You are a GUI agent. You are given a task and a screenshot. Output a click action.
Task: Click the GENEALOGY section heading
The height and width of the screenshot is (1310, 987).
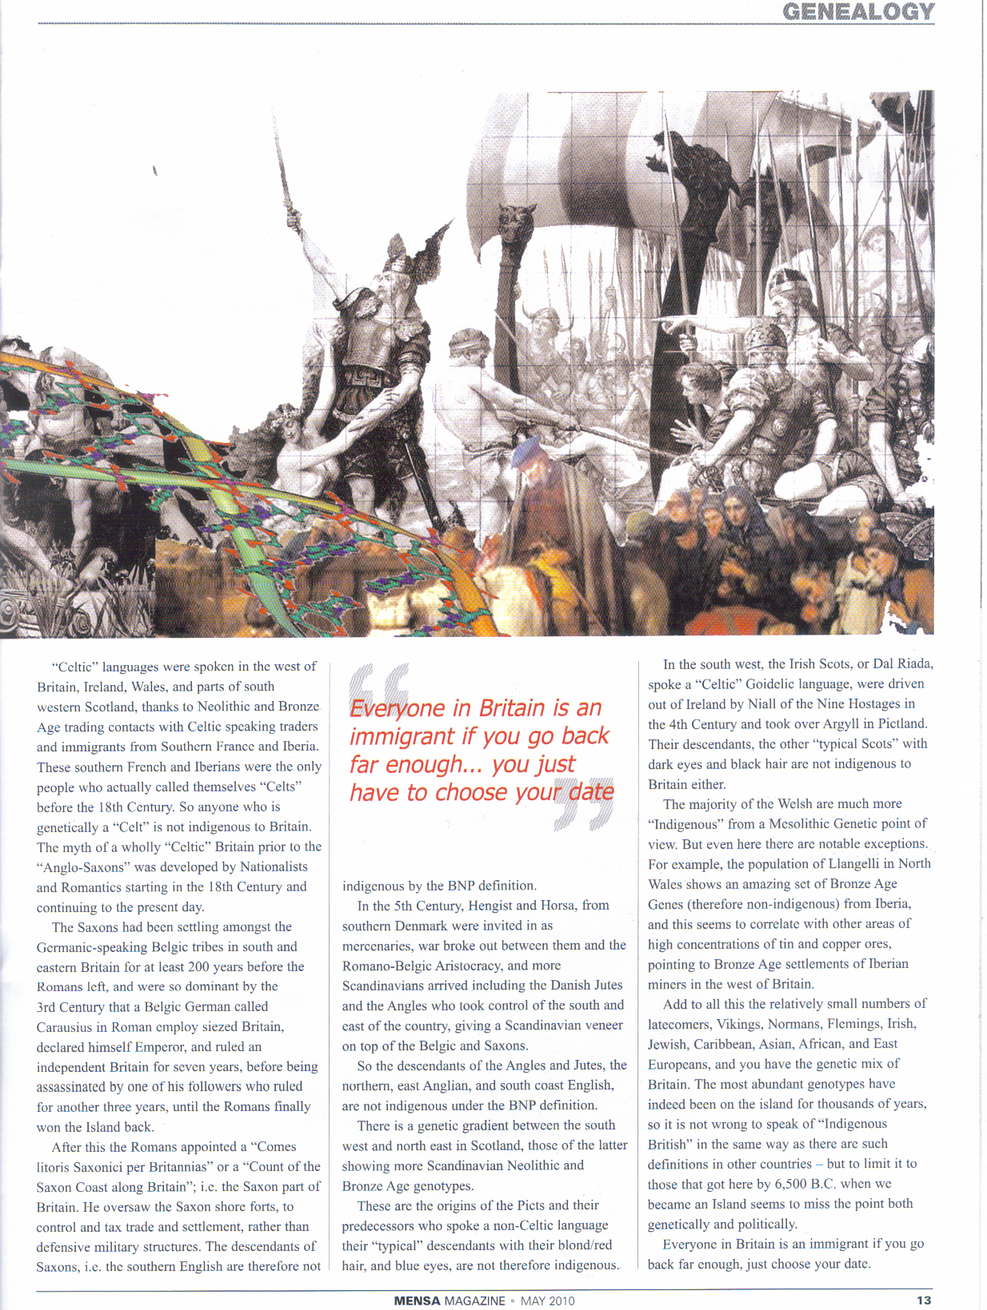tap(857, 12)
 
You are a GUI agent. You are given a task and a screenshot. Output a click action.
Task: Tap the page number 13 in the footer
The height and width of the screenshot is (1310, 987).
tap(924, 1300)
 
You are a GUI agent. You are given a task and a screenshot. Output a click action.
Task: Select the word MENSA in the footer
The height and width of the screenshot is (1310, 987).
tap(417, 1300)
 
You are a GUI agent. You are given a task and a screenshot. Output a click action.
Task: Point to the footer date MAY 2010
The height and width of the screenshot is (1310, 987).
tap(547, 1300)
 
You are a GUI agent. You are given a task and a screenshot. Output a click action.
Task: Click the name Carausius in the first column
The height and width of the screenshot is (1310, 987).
tap(64, 1027)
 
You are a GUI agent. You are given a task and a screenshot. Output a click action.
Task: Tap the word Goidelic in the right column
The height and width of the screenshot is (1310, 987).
tap(775, 684)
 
